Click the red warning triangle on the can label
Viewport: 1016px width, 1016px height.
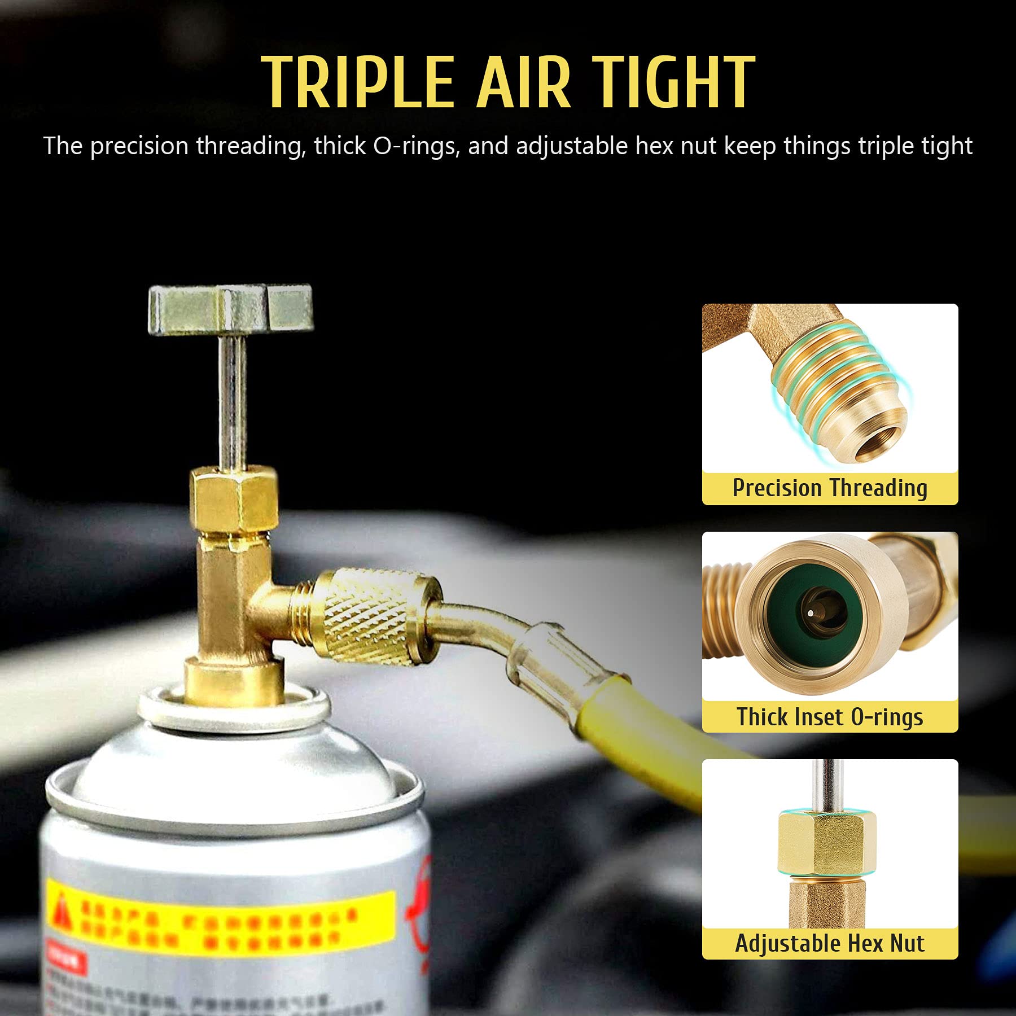click(62, 909)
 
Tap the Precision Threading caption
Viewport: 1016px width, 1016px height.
click(830, 488)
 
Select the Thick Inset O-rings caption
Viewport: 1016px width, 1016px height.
click(830, 717)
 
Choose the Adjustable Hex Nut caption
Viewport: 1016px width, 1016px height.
click(830, 944)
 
